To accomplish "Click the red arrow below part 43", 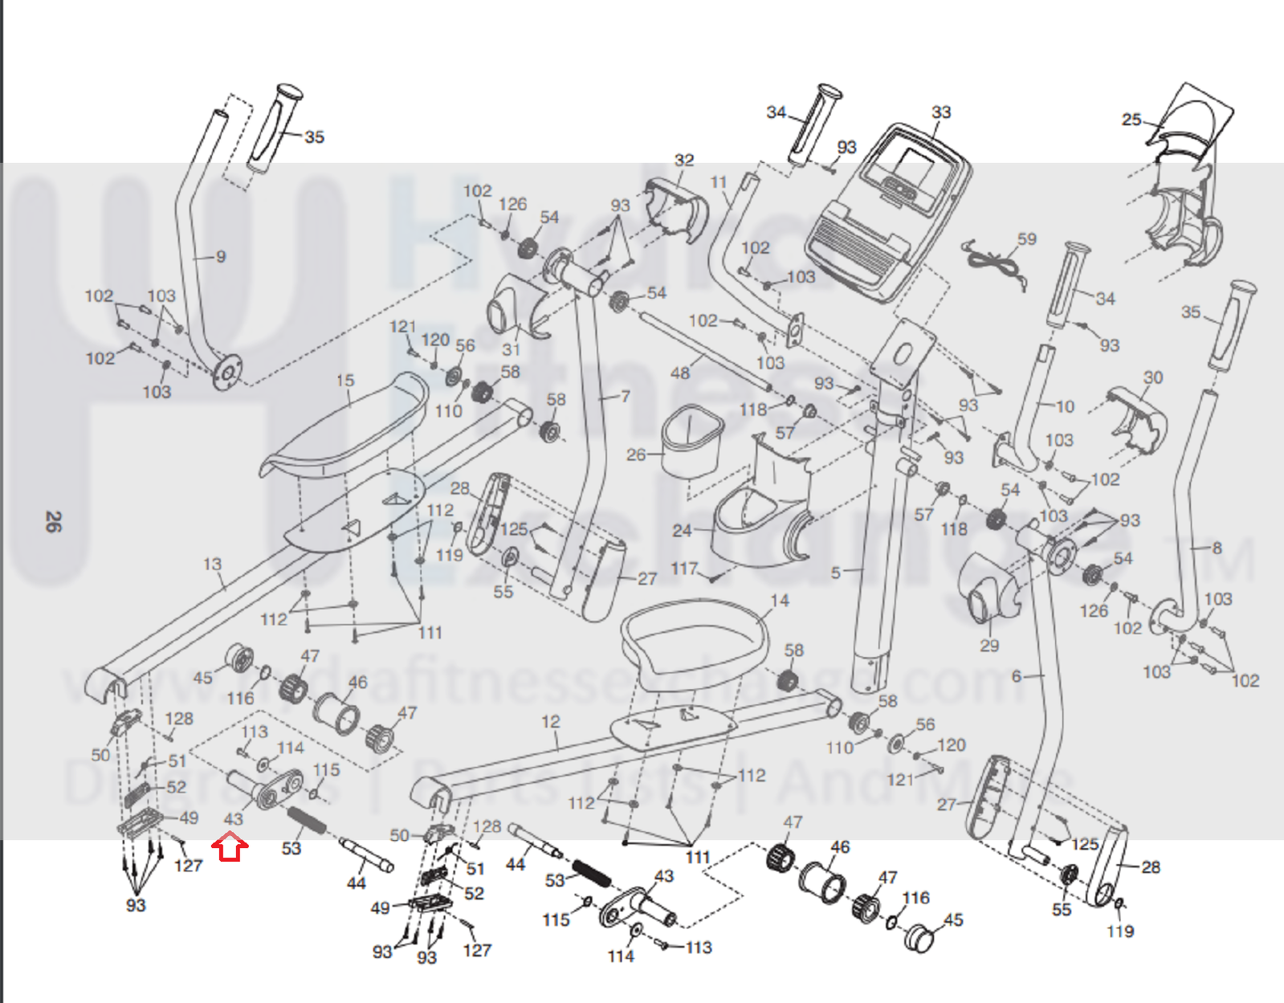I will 230,846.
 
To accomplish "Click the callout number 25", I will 1131,120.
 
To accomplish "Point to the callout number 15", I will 345,381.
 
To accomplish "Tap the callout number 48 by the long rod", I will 680,373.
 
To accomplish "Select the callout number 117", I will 684,569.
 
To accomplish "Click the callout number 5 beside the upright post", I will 836,573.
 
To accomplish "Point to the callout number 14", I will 780,601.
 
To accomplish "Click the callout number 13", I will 212,564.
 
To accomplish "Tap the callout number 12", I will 551,721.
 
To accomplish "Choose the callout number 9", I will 221,256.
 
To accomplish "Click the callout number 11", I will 719,182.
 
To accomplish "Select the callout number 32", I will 684,160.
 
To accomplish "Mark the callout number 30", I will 1153,377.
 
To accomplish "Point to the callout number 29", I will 989,646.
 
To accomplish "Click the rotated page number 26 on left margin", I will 52,522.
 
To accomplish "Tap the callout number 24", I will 682,530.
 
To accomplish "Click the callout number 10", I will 1065,406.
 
